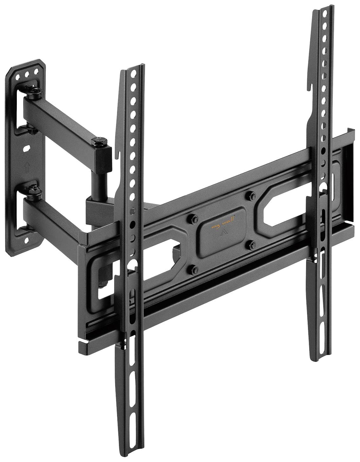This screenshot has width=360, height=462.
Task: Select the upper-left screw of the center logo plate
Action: [x=192, y=218]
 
